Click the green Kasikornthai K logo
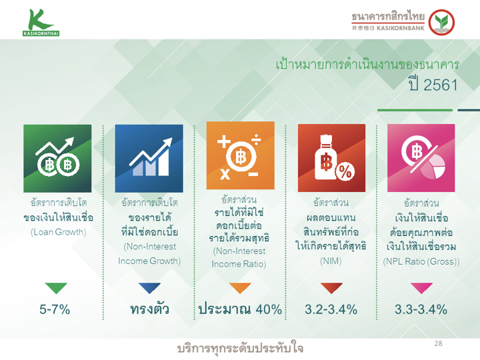click(41, 23)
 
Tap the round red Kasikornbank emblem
click(441, 23)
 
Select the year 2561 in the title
click(441, 85)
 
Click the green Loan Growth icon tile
click(57, 158)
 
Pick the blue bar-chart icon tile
click(149, 158)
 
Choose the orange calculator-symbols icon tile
click(240, 155)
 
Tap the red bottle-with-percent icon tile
click(331, 158)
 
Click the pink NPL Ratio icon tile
click(421, 158)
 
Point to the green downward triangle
click(56, 288)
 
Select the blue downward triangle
click(149, 288)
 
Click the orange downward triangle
click(240, 288)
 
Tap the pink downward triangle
click(421, 288)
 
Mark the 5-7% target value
click(55, 309)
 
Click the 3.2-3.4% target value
click(331, 309)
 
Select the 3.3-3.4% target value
click(421, 309)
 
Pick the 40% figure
click(269, 309)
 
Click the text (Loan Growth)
click(58, 232)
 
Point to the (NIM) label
click(331, 261)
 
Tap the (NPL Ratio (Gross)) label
click(421, 261)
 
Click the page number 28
click(439, 343)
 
